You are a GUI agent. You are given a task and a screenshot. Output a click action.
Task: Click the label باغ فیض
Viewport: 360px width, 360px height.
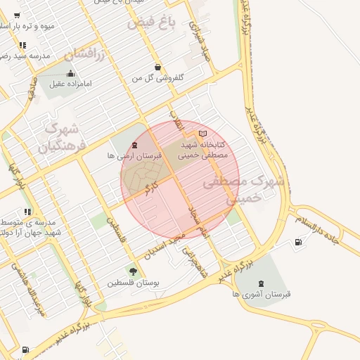(x=150, y=24)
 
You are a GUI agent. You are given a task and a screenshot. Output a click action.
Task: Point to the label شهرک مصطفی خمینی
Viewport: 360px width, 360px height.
(x=243, y=190)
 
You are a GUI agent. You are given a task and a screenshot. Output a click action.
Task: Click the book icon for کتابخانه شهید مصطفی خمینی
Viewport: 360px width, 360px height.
(x=203, y=134)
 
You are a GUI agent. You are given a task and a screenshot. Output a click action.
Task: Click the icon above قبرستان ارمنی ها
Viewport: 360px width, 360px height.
(x=135, y=146)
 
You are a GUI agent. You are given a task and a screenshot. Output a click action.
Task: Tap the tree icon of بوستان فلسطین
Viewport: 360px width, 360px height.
(x=133, y=271)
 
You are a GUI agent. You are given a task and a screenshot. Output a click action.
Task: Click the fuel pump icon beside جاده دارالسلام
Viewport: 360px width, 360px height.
(x=300, y=243)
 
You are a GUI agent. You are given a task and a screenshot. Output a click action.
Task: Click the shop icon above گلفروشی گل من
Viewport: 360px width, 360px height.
(x=157, y=67)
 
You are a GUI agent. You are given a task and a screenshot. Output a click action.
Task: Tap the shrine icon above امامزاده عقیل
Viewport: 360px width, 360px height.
(x=70, y=73)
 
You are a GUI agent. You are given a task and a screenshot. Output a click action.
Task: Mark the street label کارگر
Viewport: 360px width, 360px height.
(x=149, y=189)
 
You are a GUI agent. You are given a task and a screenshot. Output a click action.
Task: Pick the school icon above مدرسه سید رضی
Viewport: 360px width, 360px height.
(x=24, y=45)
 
